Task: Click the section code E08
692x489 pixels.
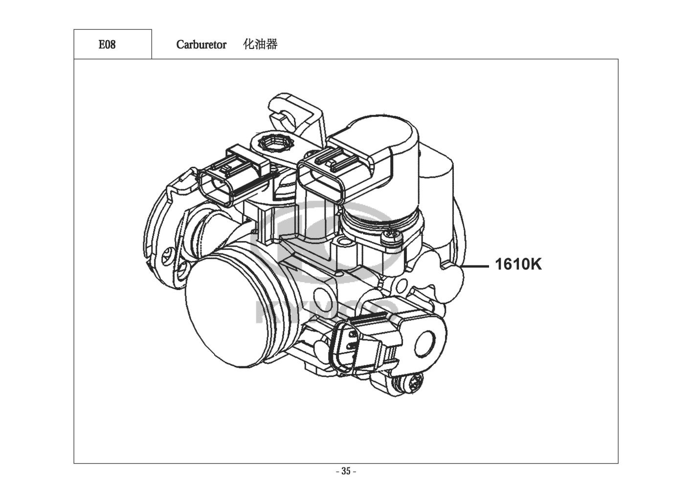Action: [107, 44]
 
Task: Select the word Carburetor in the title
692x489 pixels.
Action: [201, 44]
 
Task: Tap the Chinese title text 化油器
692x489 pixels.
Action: [261, 44]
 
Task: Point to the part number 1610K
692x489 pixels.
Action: [518, 265]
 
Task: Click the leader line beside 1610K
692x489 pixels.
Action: [475, 266]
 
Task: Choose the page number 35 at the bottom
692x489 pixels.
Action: [346, 471]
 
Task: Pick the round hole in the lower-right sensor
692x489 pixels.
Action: [425, 344]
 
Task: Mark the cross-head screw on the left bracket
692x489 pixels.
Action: [169, 256]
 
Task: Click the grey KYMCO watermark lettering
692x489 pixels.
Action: [325, 312]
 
